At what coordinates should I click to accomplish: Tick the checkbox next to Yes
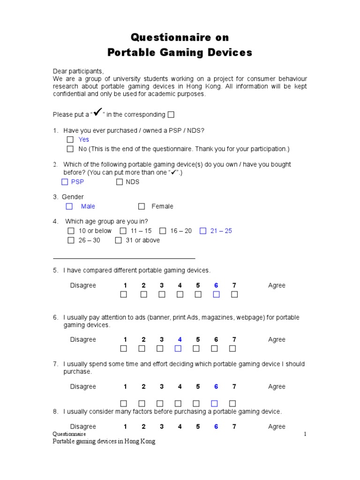pyautogui.click(x=70, y=140)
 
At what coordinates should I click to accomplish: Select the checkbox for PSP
pyautogui.click(x=65, y=182)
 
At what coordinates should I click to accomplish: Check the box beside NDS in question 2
pyautogui.click(x=120, y=182)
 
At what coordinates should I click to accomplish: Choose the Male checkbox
pyautogui.click(x=69, y=206)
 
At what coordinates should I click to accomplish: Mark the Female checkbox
pyautogui.click(x=142, y=206)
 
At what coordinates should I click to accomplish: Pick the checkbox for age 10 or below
pyautogui.click(x=71, y=231)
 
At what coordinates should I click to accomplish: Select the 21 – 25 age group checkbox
pyautogui.click(x=203, y=231)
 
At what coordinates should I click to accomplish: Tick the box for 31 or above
pyautogui.click(x=118, y=240)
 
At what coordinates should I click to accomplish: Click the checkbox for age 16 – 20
pyautogui.click(x=163, y=231)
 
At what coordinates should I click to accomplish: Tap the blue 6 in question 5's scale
pyautogui.click(x=216, y=285)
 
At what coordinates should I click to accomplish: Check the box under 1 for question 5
pyautogui.click(x=124, y=294)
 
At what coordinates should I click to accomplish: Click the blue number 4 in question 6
pyautogui.click(x=180, y=339)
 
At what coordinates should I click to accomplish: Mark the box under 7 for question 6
pyautogui.click(x=232, y=348)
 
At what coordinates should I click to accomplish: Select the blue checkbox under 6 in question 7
pyautogui.click(x=215, y=403)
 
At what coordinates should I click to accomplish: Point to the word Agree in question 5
pyautogui.click(x=277, y=285)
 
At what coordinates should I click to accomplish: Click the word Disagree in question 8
pyautogui.click(x=83, y=427)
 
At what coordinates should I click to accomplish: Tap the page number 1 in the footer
pyautogui.click(x=305, y=434)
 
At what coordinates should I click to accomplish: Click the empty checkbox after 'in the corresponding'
pyautogui.click(x=171, y=115)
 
